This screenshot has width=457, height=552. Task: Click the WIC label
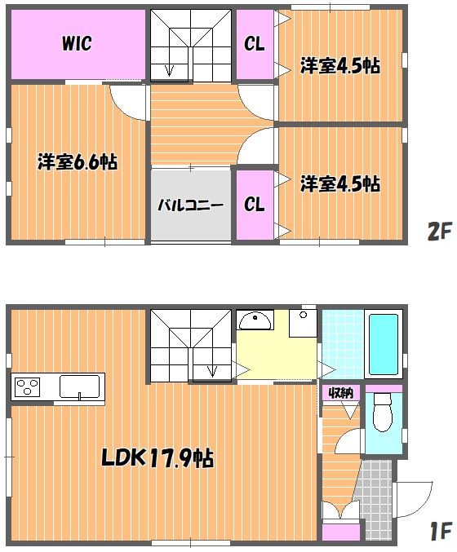pos(77,43)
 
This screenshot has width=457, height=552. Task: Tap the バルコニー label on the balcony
pos(190,205)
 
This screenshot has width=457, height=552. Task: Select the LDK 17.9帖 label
pos(158,457)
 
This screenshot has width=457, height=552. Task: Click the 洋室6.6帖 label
pos(78,162)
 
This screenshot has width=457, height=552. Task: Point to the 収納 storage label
pos(341,392)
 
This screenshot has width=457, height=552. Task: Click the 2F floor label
pos(439,232)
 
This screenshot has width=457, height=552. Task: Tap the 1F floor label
pos(441,531)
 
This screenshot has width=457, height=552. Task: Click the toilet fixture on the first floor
pos(384,412)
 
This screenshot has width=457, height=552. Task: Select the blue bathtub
pos(384,344)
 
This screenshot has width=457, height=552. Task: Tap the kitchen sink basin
pos(80,386)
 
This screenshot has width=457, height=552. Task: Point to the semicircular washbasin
pos(255,320)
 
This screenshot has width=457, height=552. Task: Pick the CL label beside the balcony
pos(254,204)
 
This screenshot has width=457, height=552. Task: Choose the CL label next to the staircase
pos(254,44)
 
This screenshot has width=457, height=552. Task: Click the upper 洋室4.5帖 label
pos(340,66)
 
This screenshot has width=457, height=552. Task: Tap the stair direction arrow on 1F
pos(212,363)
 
